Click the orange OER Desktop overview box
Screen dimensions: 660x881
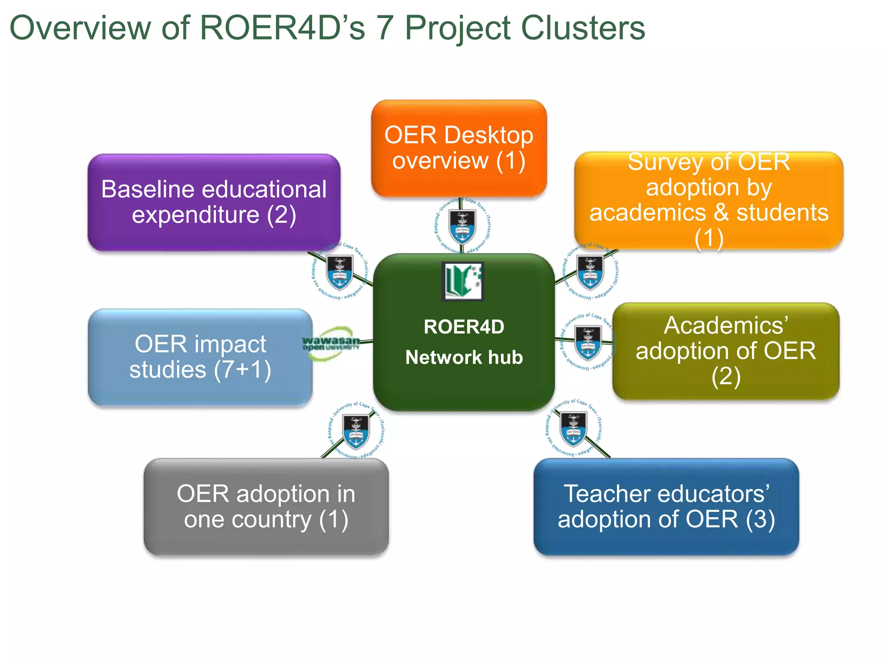[x=459, y=148]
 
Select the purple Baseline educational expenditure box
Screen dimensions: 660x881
[x=214, y=202]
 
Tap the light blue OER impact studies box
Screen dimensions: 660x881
[x=200, y=357]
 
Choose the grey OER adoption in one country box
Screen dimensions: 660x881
[x=266, y=507]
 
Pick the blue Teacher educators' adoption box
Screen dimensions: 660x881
[x=666, y=507]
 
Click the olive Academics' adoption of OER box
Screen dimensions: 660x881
[x=726, y=351]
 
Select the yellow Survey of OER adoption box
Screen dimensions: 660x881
[x=708, y=200]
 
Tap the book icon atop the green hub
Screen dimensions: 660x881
[x=463, y=281]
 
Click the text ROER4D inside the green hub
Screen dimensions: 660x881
[x=464, y=327]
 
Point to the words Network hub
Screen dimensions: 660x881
[x=464, y=357]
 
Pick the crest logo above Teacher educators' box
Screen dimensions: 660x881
[x=573, y=429]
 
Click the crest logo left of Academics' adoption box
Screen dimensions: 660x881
[x=588, y=342]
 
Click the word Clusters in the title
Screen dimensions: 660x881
[x=583, y=28]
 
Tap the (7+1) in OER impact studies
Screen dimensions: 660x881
[x=243, y=370]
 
